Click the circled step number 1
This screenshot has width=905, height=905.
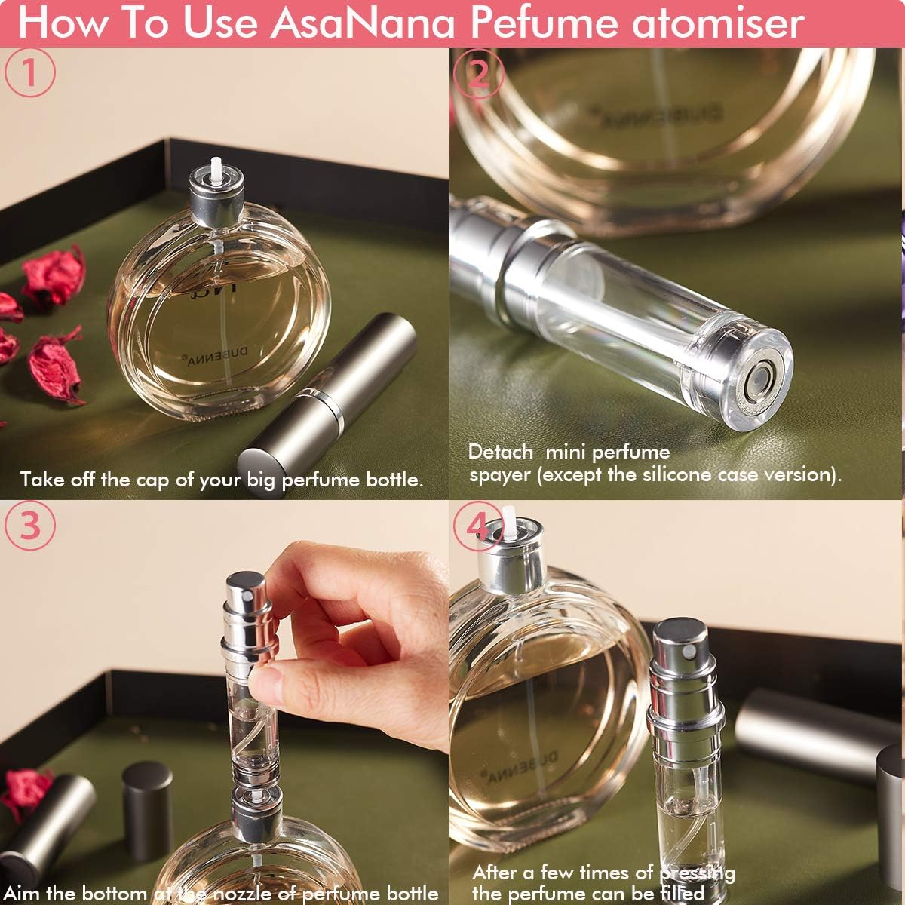pos(30,72)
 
